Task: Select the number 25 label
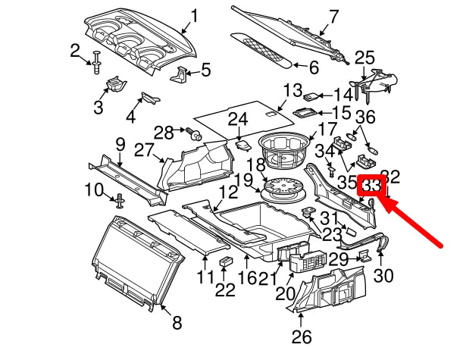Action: pyautogui.click(x=364, y=58)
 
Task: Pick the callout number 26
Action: pyautogui.click(x=302, y=337)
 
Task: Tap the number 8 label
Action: pyautogui.click(x=177, y=324)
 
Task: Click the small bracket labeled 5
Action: pyautogui.click(x=181, y=73)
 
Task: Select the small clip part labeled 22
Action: pyautogui.click(x=226, y=262)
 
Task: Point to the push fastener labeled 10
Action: pyautogui.click(x=119, y=201)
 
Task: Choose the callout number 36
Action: pyautogui.click(x=365, y=117)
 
